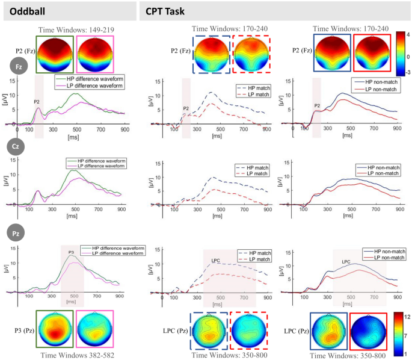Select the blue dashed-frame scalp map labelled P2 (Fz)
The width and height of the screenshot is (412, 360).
(211, 54)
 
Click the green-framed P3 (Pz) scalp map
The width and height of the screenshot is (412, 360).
(55, 330)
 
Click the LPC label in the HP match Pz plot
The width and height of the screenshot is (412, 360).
(217, 260)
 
